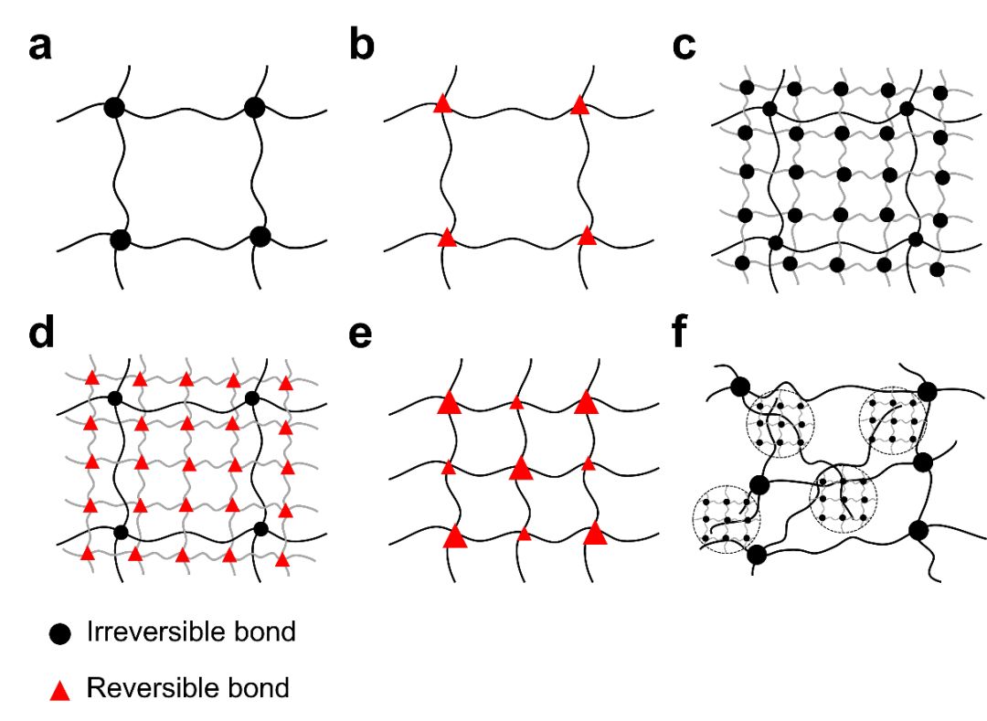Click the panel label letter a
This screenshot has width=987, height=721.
coord(39,46)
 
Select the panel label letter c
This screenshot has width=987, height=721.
coord(684,46)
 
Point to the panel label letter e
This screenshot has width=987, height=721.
coord(362,335)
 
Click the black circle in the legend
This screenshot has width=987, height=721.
coord(59,633)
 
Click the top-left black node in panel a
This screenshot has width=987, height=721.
coord(113,107)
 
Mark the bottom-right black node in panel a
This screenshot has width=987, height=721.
coord(260,237)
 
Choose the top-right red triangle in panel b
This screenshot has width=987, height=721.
coord(578,106)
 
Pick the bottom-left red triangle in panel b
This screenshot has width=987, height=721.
coord(446,238)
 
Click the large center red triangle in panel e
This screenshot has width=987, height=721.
coord(521,469)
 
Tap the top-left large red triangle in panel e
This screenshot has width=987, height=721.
coord(448,403)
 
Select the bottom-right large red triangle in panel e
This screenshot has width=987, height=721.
coord(596,533)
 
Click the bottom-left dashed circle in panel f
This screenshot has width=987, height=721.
coord(727,520)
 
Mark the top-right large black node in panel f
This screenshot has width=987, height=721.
coord(928,392)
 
